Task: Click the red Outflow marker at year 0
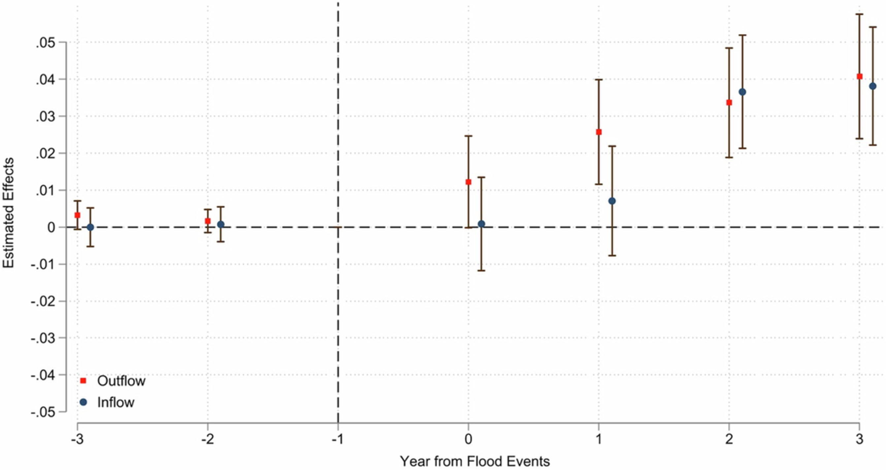click(x=468, y=182)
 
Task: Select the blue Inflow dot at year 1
click(x=612, y=201)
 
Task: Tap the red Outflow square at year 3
click(x=860, y=76)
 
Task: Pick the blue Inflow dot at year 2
click(x=742, y=92)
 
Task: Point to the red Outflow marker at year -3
click(x=78, y=215)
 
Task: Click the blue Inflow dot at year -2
click(x=221, y=225)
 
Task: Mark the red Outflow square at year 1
click(x=599, y=132)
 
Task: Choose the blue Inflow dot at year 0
click(x=481, y=224)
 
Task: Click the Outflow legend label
click(x=121, y=381)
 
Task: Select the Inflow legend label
click(x=115, y=402)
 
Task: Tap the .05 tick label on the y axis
click(x=46, y=43)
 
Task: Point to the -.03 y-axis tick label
click(x=43, y=338)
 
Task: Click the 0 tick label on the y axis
click(x=51, y=228)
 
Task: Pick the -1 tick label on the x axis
click(x=338, y=440)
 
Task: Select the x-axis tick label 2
click(x=729, y=440)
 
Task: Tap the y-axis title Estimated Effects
click(x=8, y=213)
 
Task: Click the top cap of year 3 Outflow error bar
click(x=860, y=15)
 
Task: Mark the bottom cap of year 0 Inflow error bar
click(x=481, y=270)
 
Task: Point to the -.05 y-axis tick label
click(x=43, y=412)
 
